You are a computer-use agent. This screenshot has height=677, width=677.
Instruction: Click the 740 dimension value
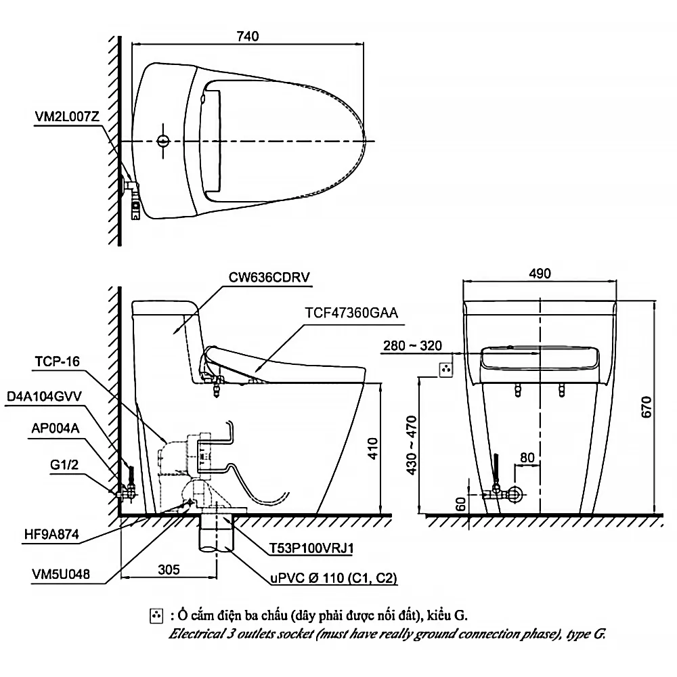247,36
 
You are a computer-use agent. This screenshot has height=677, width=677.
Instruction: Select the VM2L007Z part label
67,116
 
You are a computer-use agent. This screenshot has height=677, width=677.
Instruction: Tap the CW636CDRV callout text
269,277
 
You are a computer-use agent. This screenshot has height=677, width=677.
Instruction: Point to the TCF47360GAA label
351,313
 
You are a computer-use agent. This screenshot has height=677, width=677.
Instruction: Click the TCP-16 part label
57,362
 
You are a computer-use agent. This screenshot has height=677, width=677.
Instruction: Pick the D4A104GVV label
44,396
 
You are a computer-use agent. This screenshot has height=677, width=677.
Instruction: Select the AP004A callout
56,429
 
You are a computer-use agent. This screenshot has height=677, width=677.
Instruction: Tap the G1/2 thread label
64,464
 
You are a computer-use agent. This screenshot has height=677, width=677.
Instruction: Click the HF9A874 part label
51,535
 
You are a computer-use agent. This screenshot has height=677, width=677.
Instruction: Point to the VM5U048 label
61,574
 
